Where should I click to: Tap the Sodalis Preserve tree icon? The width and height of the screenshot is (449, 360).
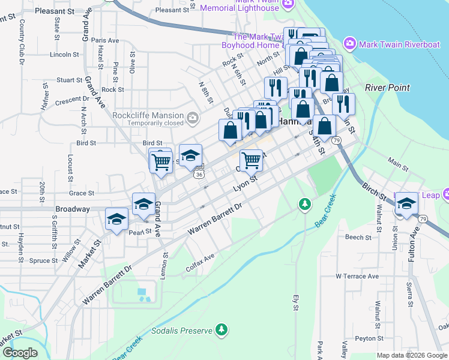point(222,329)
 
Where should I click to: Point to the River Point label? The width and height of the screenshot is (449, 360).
point(387,88)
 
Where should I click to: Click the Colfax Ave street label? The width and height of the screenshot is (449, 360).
point(200,263)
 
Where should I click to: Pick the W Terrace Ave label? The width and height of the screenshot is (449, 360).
point(357,277)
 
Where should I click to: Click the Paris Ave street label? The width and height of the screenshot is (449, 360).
point(106,41)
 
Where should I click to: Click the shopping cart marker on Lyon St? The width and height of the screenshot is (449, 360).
point(251,160)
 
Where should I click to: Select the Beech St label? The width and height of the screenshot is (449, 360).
point(358,238)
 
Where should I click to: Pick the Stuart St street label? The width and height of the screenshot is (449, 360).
point(70,80)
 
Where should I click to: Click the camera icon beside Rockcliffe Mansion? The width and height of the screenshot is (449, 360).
point(193,116)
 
